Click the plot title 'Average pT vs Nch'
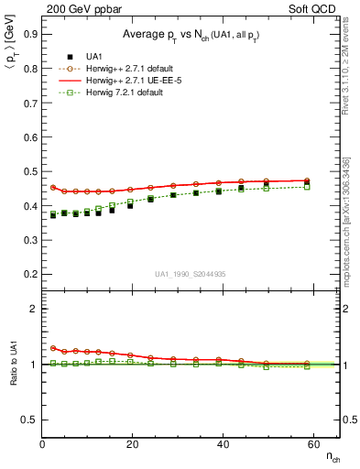pos(191,34)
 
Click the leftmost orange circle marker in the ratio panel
pos(53,348)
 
